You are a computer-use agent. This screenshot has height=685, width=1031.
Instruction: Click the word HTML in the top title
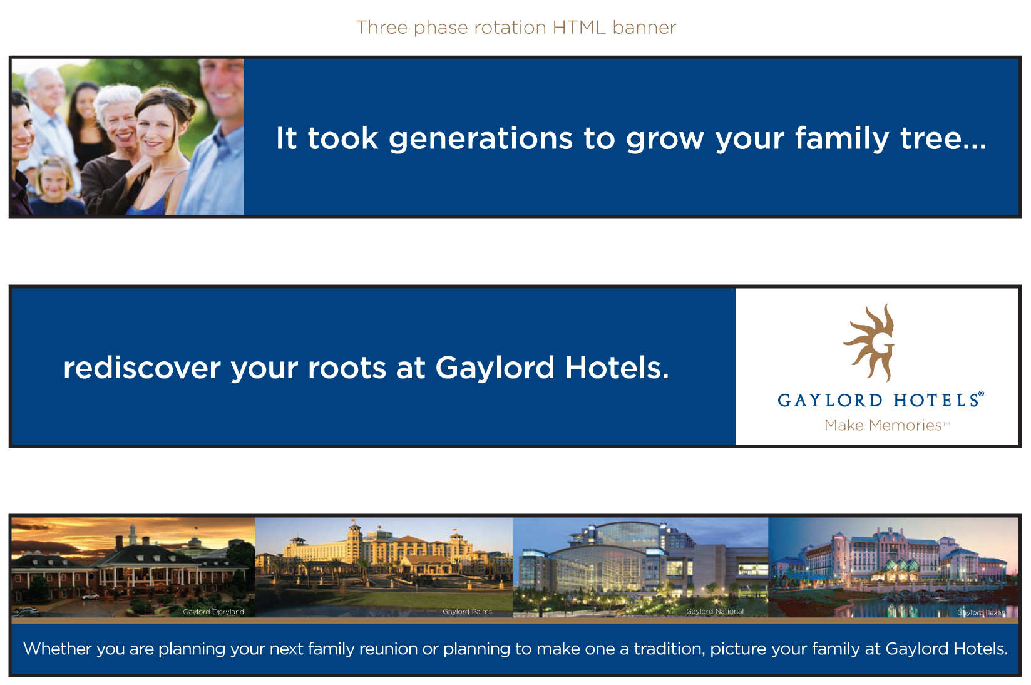click(x=579, y=28)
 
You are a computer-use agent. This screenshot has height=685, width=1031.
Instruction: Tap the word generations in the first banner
click(x=481, y=140)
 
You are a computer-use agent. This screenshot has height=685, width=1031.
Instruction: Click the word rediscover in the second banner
click(x=141, y=368)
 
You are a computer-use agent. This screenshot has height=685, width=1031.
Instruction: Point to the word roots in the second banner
click(x=347, y=369)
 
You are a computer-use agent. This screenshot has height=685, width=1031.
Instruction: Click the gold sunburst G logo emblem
click(x=869, y=343)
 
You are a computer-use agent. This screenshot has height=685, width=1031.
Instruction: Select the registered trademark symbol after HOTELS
click(x=982, y=394)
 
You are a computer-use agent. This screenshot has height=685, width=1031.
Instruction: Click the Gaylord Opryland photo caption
click(x=213, y=612)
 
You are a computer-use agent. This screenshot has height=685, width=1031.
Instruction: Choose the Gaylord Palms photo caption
click(x=467, y=611)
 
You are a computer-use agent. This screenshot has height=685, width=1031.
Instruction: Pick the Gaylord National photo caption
click(x=715, y=611)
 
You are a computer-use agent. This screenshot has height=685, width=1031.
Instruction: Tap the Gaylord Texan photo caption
click(x=982, y=612)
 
